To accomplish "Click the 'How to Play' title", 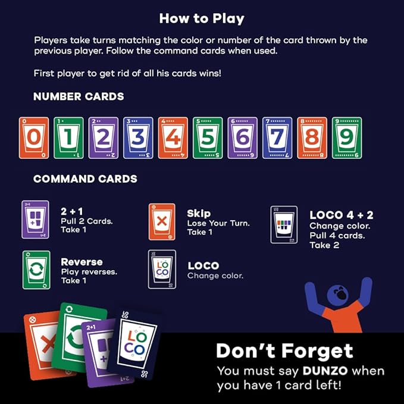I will (x=202, y=18).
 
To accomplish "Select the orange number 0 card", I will (x=34, y=138).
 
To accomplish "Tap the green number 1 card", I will (x=68, y=138).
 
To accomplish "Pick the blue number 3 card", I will (x=137, y=138).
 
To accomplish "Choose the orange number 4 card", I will (x=173, y=138).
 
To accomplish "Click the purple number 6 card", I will (x=242, y=138).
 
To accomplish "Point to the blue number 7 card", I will (x=277, y=138).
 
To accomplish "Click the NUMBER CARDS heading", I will (x=79, y=96).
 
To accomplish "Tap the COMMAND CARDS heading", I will (x=85, y=178).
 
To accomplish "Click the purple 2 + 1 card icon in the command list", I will (x=35, y=220).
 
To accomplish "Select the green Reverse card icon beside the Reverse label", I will (x=36, y=270).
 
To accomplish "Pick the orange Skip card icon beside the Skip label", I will (x=162, y=221).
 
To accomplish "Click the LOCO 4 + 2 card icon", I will (x=283, y=224).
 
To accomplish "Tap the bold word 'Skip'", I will (x=199, y=213).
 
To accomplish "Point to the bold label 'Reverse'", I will (x=82, y=262).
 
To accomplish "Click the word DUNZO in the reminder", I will (x=324, y=371).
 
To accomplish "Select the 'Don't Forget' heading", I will (x=284, y=351).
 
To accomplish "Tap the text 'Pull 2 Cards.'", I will (x=86, y=221).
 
